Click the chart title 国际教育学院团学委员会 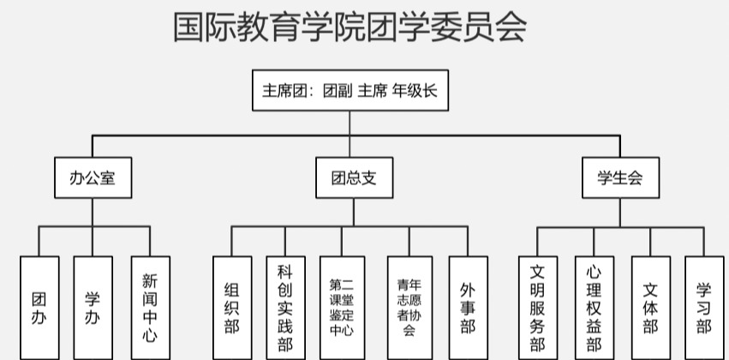click(349, 27)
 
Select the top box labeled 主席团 click(350, 90)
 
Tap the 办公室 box click(93, 177)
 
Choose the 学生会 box click(618, 177)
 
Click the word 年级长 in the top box click(415, 90)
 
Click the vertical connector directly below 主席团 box click(350, 123)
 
